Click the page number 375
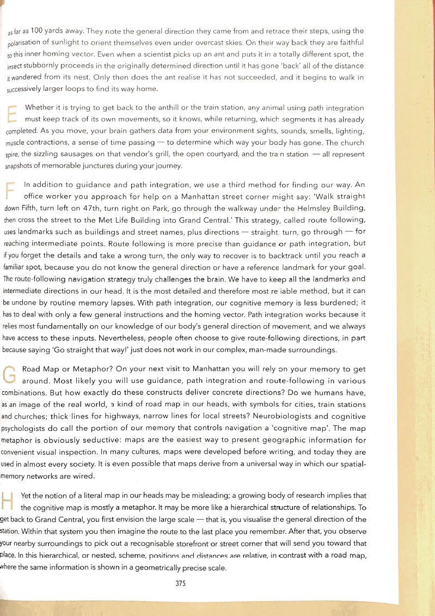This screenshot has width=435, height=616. (x=181, y=583)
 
